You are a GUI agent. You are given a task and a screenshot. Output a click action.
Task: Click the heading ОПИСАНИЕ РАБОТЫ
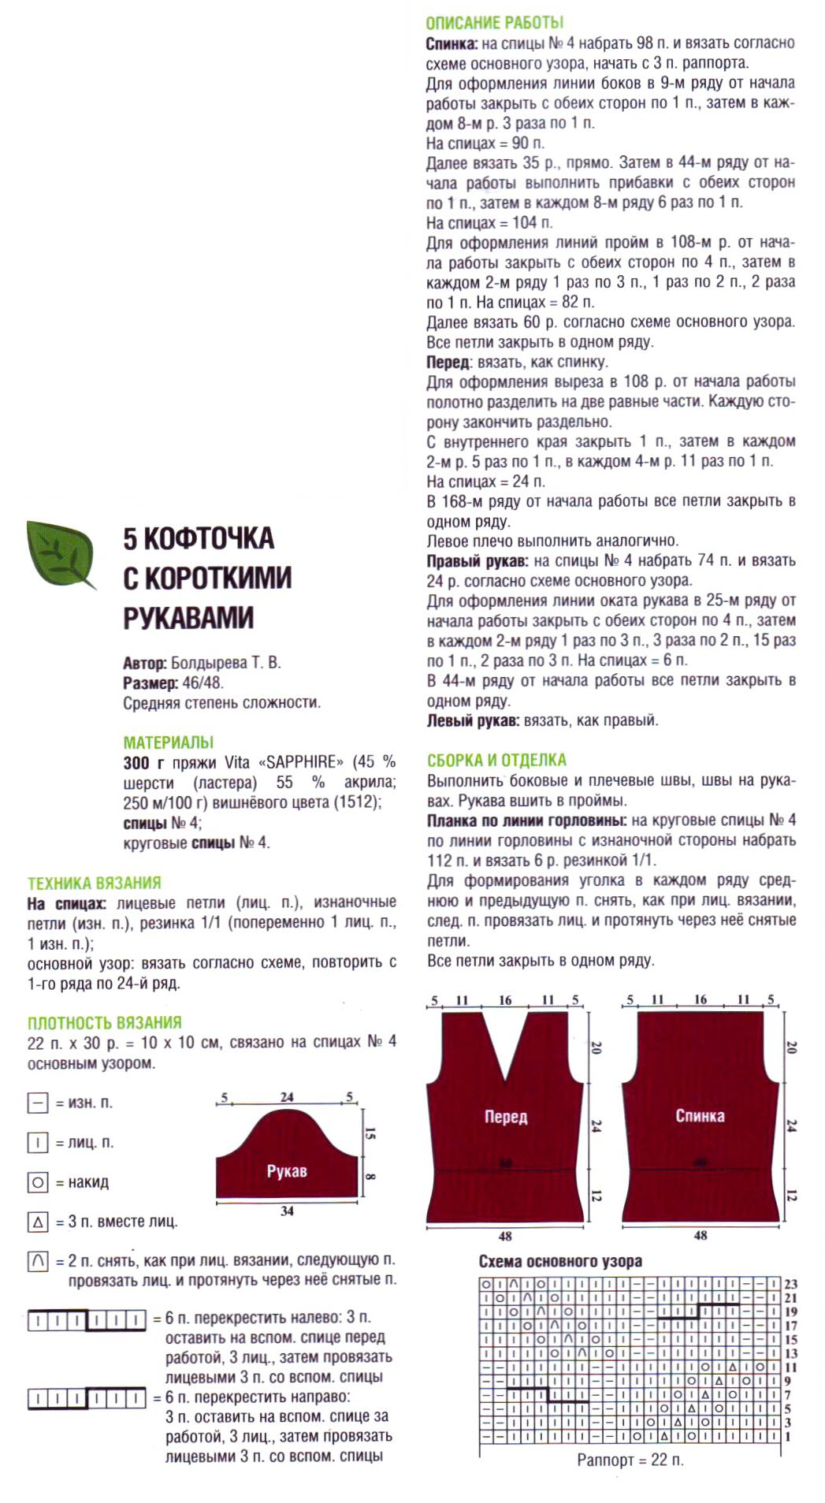[x=494, y=23]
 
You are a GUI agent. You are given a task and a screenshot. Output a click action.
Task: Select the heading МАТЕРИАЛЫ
[x=168, y=742]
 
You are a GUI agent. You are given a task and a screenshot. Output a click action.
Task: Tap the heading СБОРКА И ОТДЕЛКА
[x=496, y=761]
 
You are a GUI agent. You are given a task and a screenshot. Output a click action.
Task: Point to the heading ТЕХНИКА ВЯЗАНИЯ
[x=94, y=883]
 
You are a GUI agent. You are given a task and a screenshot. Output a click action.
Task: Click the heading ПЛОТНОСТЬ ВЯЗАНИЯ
[x=104, y=1023]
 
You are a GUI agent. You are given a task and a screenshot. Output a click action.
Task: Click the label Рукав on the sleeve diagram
[x=286, y=1171]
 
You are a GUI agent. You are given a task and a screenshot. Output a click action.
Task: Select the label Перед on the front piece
[x=506, y=1117]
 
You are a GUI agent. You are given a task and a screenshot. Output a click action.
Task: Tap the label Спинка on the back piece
[x=700, y=1116]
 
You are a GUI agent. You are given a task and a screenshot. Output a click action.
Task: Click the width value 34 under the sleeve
[x=287, y=1211]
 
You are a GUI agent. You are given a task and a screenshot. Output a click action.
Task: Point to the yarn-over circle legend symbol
[x=38, y=1182]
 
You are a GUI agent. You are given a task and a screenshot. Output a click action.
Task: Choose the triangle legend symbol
[x=38, y=1222]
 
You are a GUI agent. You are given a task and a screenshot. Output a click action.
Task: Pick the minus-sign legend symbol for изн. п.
[x=38, y=1103]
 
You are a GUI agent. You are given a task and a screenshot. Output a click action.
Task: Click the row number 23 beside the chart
[x=790, y=1284]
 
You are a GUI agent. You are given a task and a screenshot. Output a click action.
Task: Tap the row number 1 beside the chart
[x=787, y=1437]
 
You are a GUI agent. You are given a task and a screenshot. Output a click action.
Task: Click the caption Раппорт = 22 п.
[x=630, y=1460]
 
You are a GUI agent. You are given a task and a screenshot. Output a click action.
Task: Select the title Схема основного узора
[x=560, y=1261]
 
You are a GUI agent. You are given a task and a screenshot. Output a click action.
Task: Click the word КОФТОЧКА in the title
[x=209, y=538]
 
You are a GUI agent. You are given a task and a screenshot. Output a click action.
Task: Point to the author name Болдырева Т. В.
[x=225, y=663]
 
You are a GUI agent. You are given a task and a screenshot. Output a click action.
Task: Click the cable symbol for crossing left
[x=87, y=1319]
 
